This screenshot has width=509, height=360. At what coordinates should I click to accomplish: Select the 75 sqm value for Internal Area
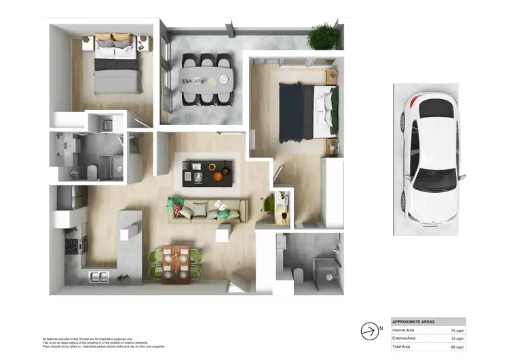click(456, 329)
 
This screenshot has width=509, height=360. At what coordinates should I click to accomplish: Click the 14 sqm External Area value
click(456, 338)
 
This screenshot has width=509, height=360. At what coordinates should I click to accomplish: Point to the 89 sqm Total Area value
click(456, 346)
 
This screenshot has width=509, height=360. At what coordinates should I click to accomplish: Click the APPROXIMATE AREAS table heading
click(414, 321)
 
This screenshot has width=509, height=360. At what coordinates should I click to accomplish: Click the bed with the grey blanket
click(117, 67)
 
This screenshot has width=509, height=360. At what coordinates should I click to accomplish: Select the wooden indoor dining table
click(176, 262)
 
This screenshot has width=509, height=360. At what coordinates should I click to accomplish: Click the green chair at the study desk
click(269, 204)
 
